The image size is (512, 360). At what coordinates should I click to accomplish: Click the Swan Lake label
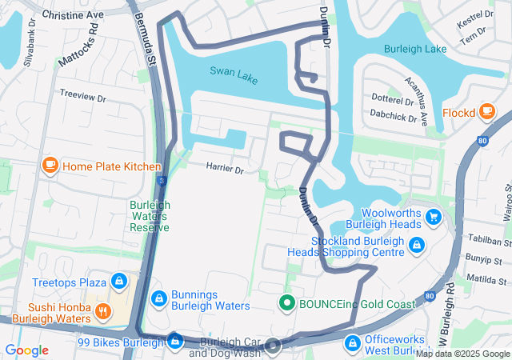coord(234,71)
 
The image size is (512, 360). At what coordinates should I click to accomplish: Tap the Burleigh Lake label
coord(414,49)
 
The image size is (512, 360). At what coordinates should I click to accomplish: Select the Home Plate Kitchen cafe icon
coord(50,166)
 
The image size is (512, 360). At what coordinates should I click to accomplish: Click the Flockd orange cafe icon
coord(487,113)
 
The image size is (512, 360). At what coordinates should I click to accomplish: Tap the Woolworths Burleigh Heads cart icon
coord(434,217)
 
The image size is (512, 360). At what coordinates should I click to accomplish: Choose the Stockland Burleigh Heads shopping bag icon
coord(416,245)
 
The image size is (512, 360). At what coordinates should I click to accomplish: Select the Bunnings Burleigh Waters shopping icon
coord(159,298)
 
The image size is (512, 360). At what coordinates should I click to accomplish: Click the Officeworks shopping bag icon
coord(351,343)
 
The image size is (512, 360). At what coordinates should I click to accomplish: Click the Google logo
coord(26,350)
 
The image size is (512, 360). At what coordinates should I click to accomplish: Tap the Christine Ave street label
coord(72,15)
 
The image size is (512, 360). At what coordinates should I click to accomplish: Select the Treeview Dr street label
coord(82,96)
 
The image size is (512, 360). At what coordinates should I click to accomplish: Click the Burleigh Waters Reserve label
coord(150,215)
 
